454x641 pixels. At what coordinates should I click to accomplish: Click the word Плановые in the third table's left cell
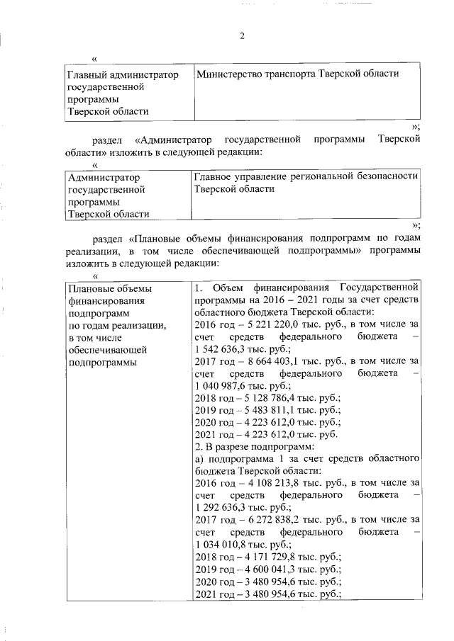[x=89, y=289]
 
